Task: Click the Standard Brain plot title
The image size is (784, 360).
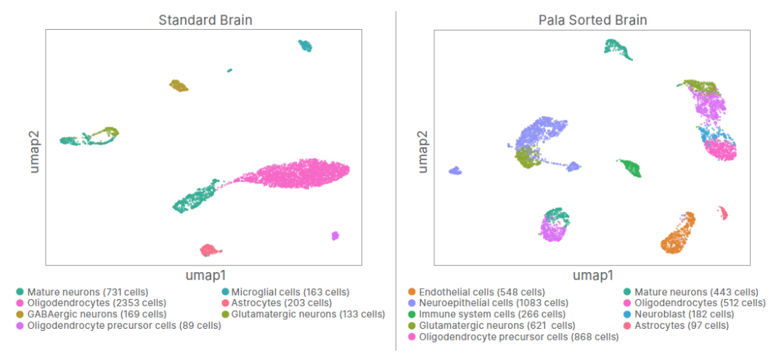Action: [205, 20]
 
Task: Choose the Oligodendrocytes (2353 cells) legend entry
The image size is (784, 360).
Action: [96, 303]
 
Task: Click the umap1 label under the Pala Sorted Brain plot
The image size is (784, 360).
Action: [593, 275]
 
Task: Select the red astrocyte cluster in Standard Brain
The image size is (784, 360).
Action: [209, 250]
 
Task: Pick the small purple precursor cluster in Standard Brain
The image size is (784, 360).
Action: [335, 236]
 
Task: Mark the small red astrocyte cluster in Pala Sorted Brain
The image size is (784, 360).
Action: [723, 213]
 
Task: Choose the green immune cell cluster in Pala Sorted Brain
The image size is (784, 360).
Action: [630, 168]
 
